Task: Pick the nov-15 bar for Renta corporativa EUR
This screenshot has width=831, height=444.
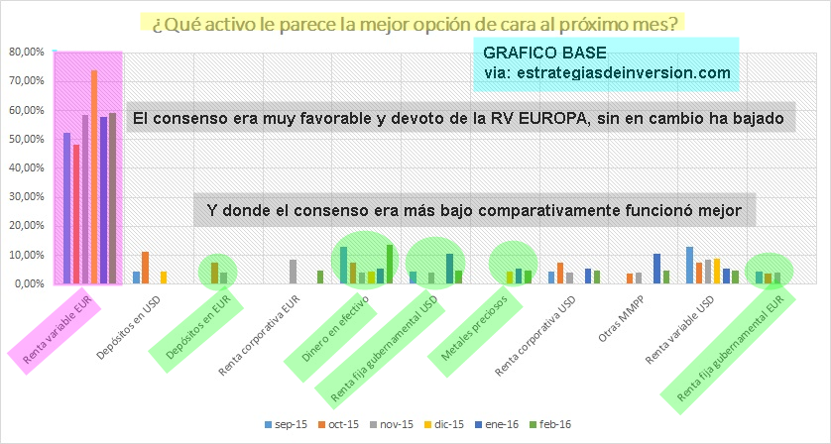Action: point(293,272)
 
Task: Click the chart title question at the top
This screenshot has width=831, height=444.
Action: point(415,23)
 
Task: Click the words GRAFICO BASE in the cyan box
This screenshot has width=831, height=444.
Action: point(544,53)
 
